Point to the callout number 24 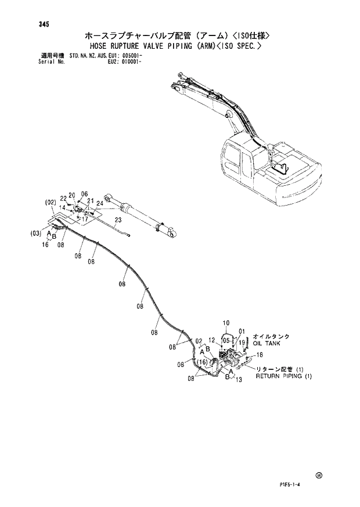click(x=100, y=203)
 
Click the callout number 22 click(x=62, y=199)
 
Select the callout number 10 click(x=226, y=322)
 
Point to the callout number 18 click(x=260, y=354)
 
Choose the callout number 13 click(x=238, y=380)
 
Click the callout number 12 click(x=212, y=340)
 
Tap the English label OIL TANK click(x=267, y=344)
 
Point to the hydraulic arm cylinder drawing click(x=139, y=213)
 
